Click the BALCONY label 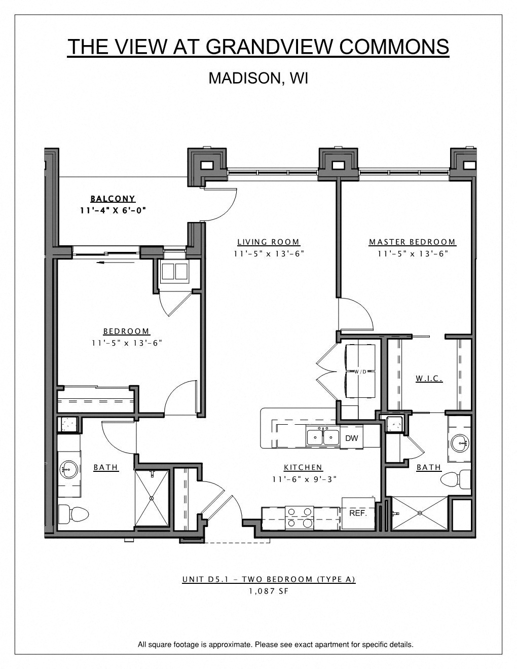point(113,199)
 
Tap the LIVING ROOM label point(269,242)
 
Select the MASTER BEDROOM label point(412,242)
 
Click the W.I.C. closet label point(429,378)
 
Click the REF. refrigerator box point(358,513)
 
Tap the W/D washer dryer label point(360,371)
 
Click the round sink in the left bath point(68,469)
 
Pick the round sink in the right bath point(460,443)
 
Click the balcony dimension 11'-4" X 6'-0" point(113,210)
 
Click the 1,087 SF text point(269,591)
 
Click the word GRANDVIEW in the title point(270,47)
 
